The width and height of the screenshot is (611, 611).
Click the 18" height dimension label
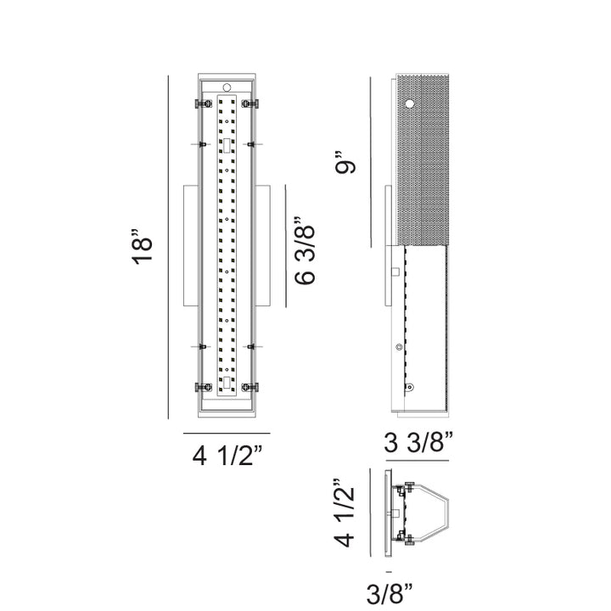point(143,247)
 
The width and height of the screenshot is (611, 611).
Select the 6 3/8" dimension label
point(305,250)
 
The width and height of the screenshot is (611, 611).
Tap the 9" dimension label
point(345,161)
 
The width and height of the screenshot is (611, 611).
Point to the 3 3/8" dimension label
point(418,442)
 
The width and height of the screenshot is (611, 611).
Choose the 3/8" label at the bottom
point(390,593)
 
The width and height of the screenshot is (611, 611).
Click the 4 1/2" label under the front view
point(227,455)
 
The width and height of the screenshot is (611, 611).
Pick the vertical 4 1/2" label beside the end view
point(344,513)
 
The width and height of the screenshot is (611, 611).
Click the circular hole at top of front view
point(227,87)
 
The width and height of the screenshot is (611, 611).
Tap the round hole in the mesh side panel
point(409,104)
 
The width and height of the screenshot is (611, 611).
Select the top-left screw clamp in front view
point(204,104)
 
